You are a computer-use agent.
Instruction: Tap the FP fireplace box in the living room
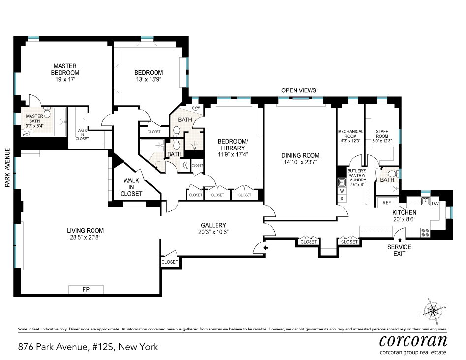tap(86, 290)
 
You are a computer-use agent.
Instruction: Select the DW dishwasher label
tap(435, 202)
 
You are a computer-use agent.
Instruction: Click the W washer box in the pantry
tap(342, 191)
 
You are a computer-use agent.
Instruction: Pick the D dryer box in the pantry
tap(342, 198)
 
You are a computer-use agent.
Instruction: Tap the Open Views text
tap(299, 90)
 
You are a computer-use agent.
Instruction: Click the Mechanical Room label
tap(350, 134)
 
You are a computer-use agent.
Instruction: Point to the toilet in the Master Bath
tap(47, 113)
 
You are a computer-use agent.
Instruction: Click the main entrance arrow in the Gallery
tap(266, 249)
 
